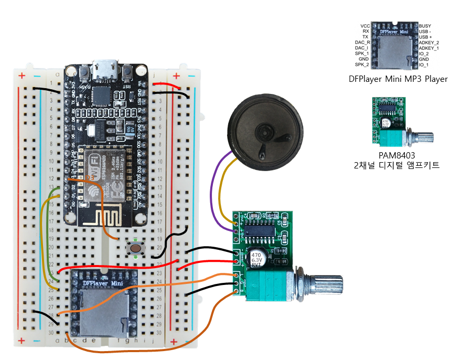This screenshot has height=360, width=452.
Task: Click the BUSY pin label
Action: coord(425,26)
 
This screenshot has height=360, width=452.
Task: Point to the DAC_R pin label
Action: coord(362,43)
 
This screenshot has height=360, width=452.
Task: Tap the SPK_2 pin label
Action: coord(362,65)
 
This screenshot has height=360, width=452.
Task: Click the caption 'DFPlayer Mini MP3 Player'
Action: coord(398,79)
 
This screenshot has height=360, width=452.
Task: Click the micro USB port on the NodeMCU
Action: coord(105,68)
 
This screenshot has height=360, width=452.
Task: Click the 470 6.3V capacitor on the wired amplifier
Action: coord(256,258)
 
